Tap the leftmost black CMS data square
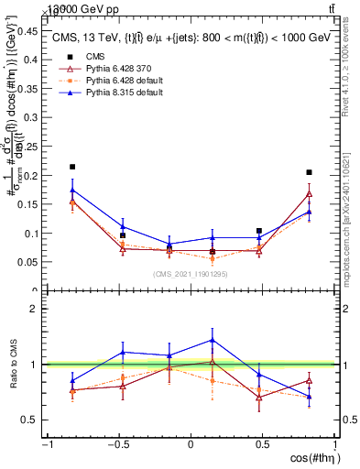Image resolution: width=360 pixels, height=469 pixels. pos(72,167)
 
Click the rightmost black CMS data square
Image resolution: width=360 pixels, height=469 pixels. pos(310,172)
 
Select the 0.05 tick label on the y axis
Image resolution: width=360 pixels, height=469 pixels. pos(27,262)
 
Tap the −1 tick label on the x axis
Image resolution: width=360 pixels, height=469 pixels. pos(46,445)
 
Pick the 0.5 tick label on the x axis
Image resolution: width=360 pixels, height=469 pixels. pos(261,445)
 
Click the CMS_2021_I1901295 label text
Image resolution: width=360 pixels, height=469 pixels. pos(190,274)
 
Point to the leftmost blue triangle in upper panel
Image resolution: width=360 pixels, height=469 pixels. pos(72,191)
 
